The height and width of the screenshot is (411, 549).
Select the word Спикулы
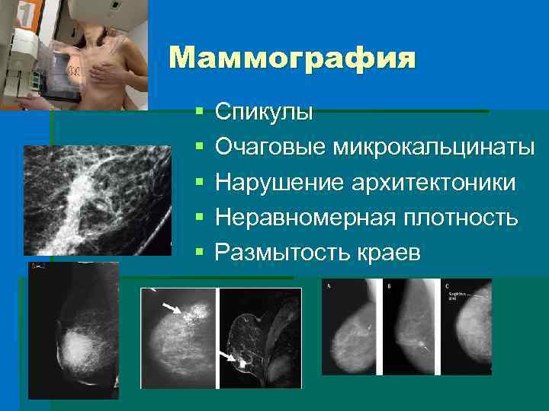click(264, 113)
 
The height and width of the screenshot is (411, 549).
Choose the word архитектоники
click(429, 183)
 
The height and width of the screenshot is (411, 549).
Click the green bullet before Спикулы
click(199, 113)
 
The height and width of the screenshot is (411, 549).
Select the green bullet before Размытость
click(199, 252)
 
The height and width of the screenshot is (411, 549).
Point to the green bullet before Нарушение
click(199, 183)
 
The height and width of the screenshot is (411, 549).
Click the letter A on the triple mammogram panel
click(329, 286)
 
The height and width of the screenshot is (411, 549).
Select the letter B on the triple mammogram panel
click(389, 286)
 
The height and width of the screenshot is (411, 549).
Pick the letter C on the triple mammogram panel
click(447, 285)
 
